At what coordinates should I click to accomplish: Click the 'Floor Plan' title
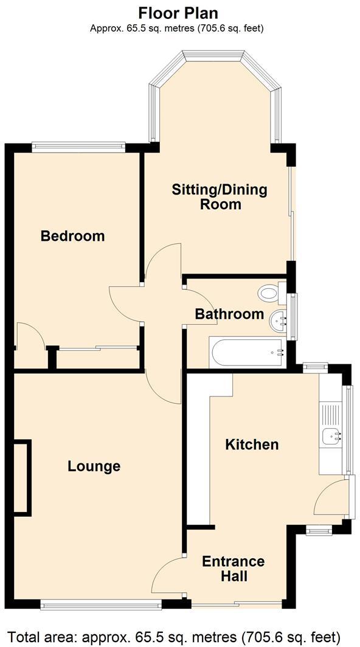pyautogui.click(x=178, y=13)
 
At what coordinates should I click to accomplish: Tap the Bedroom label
pyautogui.click(x=72, y=236)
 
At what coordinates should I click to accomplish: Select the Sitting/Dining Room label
pyautogui.click(x=220, y=196)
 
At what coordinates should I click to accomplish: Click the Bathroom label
pyautogui.click(x=229, y=314)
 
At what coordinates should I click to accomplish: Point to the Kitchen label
pyautogui.click(x=252, y=445)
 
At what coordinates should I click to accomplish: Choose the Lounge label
pyautogui.click(x=94, y=466)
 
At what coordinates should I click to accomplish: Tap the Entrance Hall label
pyautogui.click(x=233, y=569)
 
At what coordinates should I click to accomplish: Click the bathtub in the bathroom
pyautogui.click(x=246, y=353)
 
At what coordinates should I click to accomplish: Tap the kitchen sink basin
pyautogui.click(x=331, y=435)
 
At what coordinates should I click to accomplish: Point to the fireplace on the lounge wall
pyautogui.click(x=22, y=477)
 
